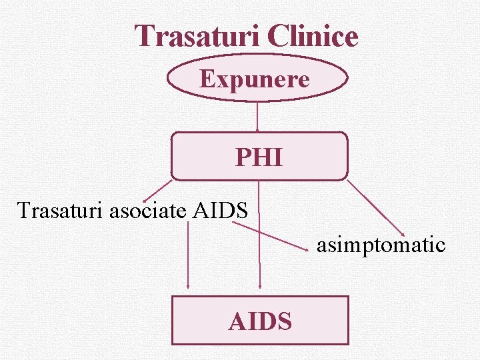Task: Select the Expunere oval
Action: (257, 79)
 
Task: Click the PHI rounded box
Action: (259, 157)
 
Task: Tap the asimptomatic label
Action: (381, 245)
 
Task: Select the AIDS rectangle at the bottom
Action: (260, 321)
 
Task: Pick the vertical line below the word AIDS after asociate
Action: (188, 253)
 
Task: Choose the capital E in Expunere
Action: (206, 79)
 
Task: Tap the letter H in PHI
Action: (261, 158)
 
